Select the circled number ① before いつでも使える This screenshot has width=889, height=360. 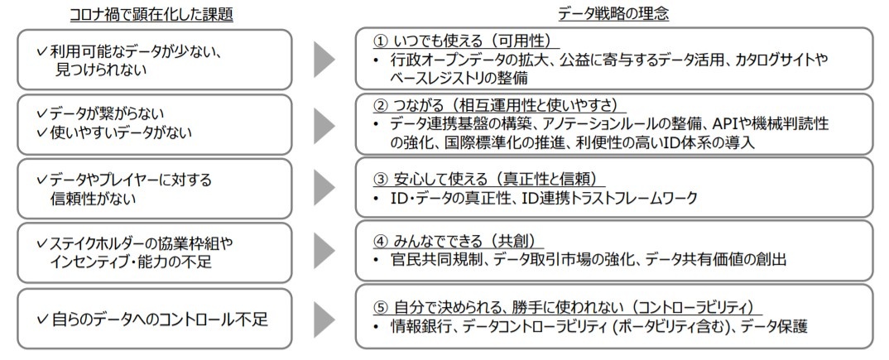coord(380,41)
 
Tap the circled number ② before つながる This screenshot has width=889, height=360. coord(380,106)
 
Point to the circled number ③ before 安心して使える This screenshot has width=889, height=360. coord(380,179)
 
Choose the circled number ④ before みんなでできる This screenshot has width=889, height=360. coord(380,242)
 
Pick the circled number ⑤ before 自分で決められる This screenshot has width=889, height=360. coord(380,307)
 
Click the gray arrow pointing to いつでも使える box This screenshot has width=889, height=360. coord(324,59)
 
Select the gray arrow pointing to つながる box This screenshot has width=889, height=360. coord(324,124)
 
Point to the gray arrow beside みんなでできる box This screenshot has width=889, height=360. coord(324,252)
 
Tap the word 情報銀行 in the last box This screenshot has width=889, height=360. coord(420,326)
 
